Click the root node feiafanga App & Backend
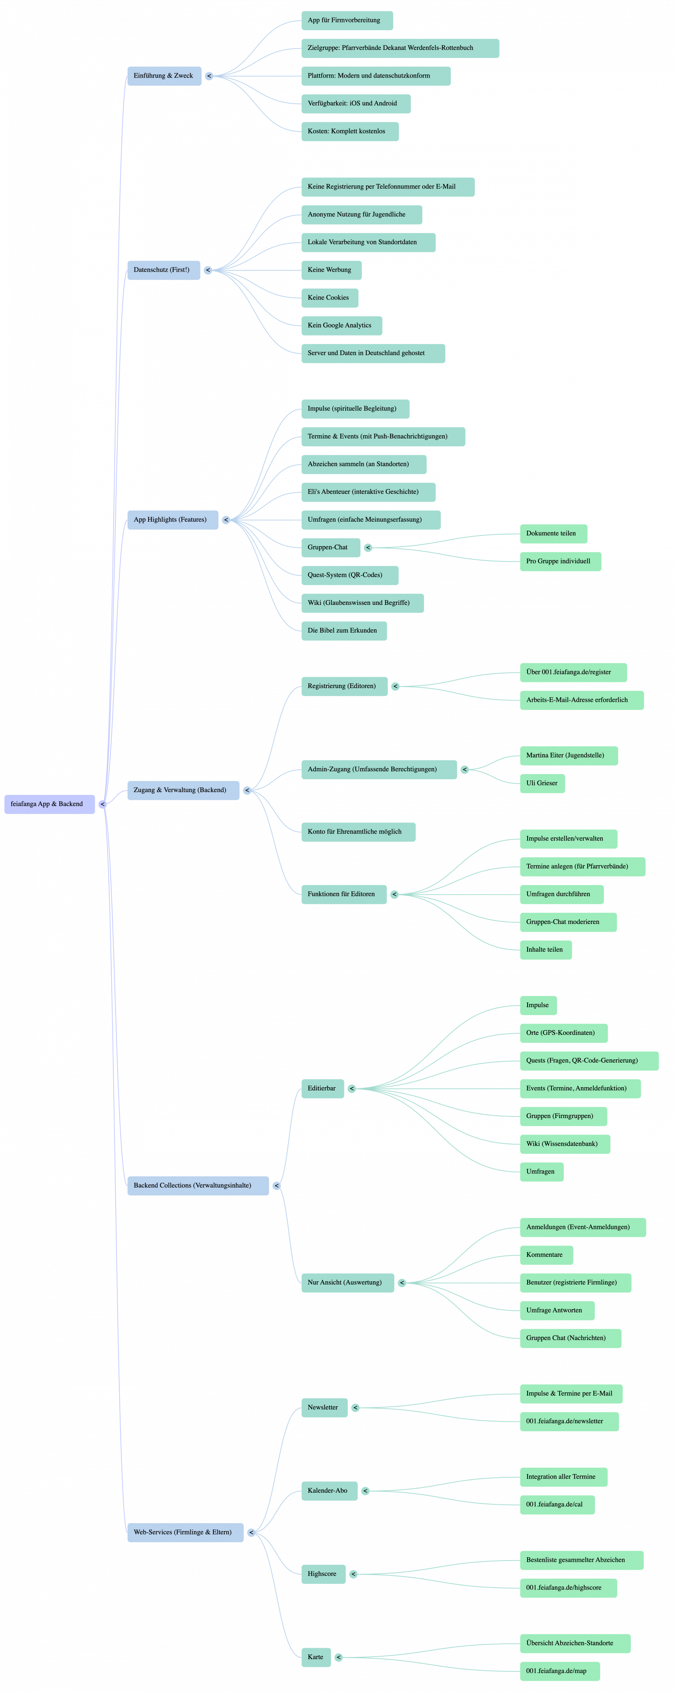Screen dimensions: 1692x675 pos(48,803)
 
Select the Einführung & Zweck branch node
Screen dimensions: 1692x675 pos(164,76)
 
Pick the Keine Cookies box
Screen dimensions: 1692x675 pos(329,297)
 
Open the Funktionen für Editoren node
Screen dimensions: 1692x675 pos(342,893)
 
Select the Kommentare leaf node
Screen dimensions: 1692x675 pos(545,1255)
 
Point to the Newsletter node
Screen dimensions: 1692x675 pos(323,1407)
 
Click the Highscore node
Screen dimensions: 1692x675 pos(322,1574)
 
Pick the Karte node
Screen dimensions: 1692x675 pos(316,1657)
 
